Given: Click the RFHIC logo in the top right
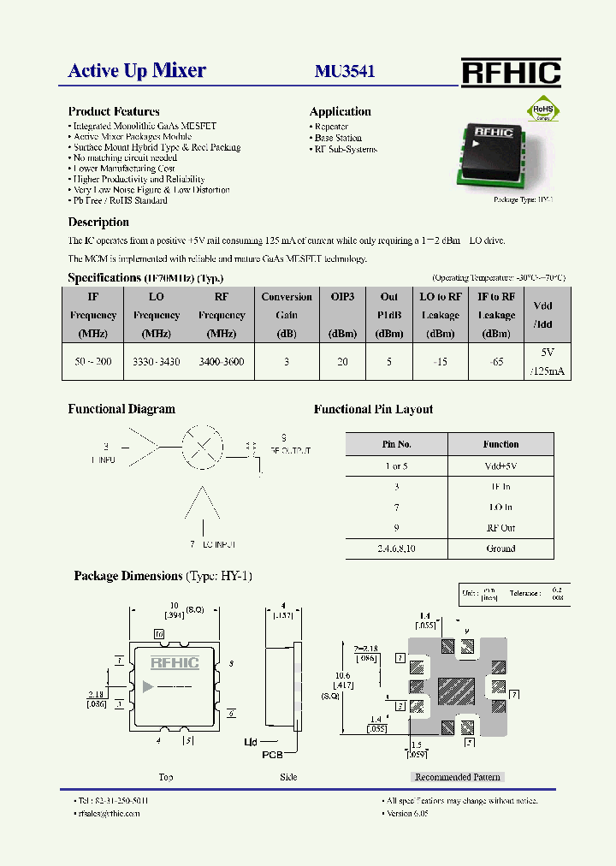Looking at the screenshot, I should coord(511,73).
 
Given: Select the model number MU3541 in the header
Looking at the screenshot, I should coord(345,72).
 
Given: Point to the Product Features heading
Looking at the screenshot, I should coord(114,111).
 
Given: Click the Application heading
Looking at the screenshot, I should coord(340,111).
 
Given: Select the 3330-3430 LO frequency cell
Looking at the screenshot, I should coord(157,362).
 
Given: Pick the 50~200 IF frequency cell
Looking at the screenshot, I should coord(93,362).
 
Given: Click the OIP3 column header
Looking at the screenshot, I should coord(342,297).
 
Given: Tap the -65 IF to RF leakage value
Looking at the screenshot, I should coord(496,362).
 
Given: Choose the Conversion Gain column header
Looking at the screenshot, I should coord(287,305).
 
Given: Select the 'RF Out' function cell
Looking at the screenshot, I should coord(500,528).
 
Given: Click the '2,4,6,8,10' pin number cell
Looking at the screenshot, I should coord(396,549).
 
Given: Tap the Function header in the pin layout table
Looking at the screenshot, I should coord(500,444).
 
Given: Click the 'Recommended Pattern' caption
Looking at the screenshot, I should coord(457,777).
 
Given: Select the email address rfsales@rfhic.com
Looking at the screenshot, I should coord(110,813).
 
